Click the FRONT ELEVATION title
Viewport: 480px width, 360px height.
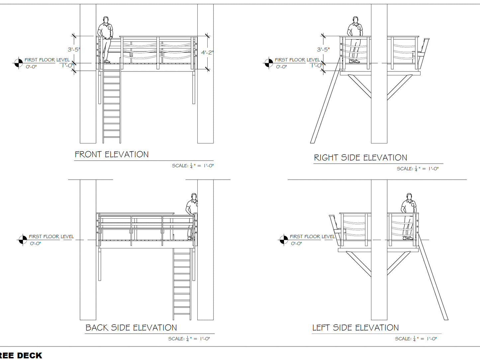tap(112, 154)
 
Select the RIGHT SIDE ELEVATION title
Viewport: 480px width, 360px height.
tap(360, 157)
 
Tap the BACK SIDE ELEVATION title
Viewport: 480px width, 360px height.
tap(131, 328)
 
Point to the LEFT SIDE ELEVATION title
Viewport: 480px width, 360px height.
tap(355, 328)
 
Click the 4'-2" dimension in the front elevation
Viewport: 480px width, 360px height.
tap(207, 52)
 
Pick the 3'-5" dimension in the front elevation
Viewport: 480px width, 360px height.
tap(74, 49)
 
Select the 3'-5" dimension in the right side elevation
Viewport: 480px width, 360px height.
tap(323, 49)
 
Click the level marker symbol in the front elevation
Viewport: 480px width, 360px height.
tap(18, 63)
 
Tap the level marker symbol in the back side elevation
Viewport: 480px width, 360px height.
tap(23, 239)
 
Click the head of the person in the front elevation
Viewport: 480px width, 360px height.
tap(106, 20)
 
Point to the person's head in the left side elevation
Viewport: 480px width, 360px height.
tap(409, 197)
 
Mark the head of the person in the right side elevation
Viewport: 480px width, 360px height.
tap(355, 20)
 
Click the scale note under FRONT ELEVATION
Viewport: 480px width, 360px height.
tap(193, 166)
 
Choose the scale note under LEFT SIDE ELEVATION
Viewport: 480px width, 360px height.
tap(416, 339)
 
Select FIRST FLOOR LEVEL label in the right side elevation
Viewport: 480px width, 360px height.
tap(297, 60)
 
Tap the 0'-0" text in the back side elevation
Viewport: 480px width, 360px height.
tap(36, 243)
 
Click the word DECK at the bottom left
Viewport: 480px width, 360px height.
tap(30, 356)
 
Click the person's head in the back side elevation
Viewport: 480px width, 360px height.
tap(194, 197)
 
